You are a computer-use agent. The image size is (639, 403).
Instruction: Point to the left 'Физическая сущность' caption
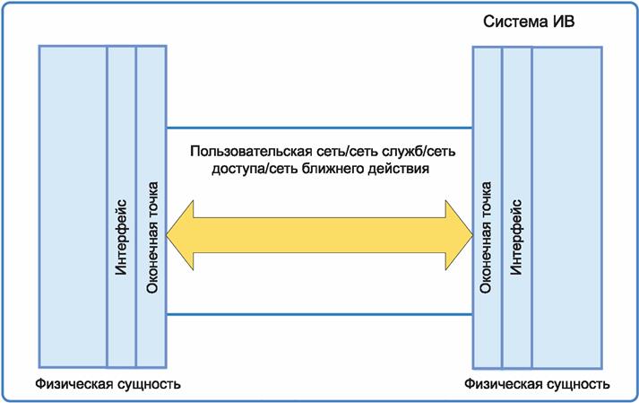[x=108, y=383]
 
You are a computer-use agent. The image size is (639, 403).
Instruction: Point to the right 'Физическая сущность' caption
[x=538, y=383]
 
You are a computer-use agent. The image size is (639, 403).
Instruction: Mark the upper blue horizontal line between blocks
[x=319, y=128]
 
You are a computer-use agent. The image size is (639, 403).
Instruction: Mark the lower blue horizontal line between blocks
[x=319, y=315]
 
